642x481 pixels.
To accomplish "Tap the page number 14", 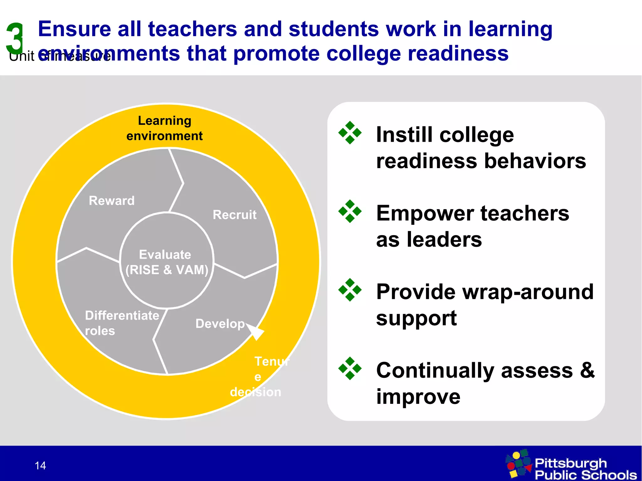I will click(40, 466).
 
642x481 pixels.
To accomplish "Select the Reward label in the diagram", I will click(112, 201).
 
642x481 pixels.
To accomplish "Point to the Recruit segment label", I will click(234, 215).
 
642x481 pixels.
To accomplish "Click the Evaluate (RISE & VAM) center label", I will click(166, 262).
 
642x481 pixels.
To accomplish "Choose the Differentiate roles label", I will click(122, 323).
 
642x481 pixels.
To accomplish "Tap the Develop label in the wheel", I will click(220, 324).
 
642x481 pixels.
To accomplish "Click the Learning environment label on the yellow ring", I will click(165, 128).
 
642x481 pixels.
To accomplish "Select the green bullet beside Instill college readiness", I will click(350, 133).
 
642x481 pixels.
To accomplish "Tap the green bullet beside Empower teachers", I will click(350, 211).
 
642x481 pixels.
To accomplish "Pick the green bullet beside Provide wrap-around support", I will click(350, 290).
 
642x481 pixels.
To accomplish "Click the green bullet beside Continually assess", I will click(350, 368).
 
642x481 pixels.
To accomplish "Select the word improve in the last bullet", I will click(418, 397).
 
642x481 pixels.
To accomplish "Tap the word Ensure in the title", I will click(75, 29).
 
